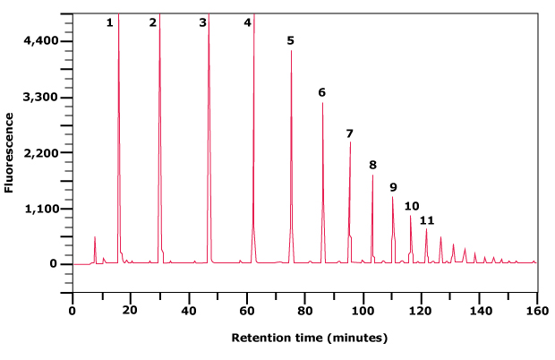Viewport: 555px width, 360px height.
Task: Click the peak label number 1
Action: [109, 22]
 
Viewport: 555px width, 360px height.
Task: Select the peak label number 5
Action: [290, 40]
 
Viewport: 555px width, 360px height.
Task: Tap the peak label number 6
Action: [321, 92]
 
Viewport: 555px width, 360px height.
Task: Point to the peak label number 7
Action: [349, 133]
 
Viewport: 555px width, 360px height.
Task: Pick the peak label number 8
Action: [372, 165]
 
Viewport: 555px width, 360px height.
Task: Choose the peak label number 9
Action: [392, 186]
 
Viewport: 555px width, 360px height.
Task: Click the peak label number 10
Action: [411, 206]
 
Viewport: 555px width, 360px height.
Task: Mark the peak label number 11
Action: [427, 220]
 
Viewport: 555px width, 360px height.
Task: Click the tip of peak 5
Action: [291, 51]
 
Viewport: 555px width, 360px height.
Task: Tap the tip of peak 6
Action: [322, 103]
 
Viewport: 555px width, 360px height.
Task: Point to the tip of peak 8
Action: [372, 176]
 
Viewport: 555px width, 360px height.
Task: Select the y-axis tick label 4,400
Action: [41, 41]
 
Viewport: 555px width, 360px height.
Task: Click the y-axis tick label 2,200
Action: [41, 153]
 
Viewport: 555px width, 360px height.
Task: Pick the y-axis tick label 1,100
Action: [41, 209]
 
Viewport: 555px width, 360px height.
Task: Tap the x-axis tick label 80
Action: [304, 310]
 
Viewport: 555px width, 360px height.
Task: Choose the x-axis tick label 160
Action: [536, 310]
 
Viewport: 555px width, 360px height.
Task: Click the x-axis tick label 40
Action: [188, 310]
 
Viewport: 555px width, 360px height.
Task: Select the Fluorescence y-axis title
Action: [9, 152]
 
